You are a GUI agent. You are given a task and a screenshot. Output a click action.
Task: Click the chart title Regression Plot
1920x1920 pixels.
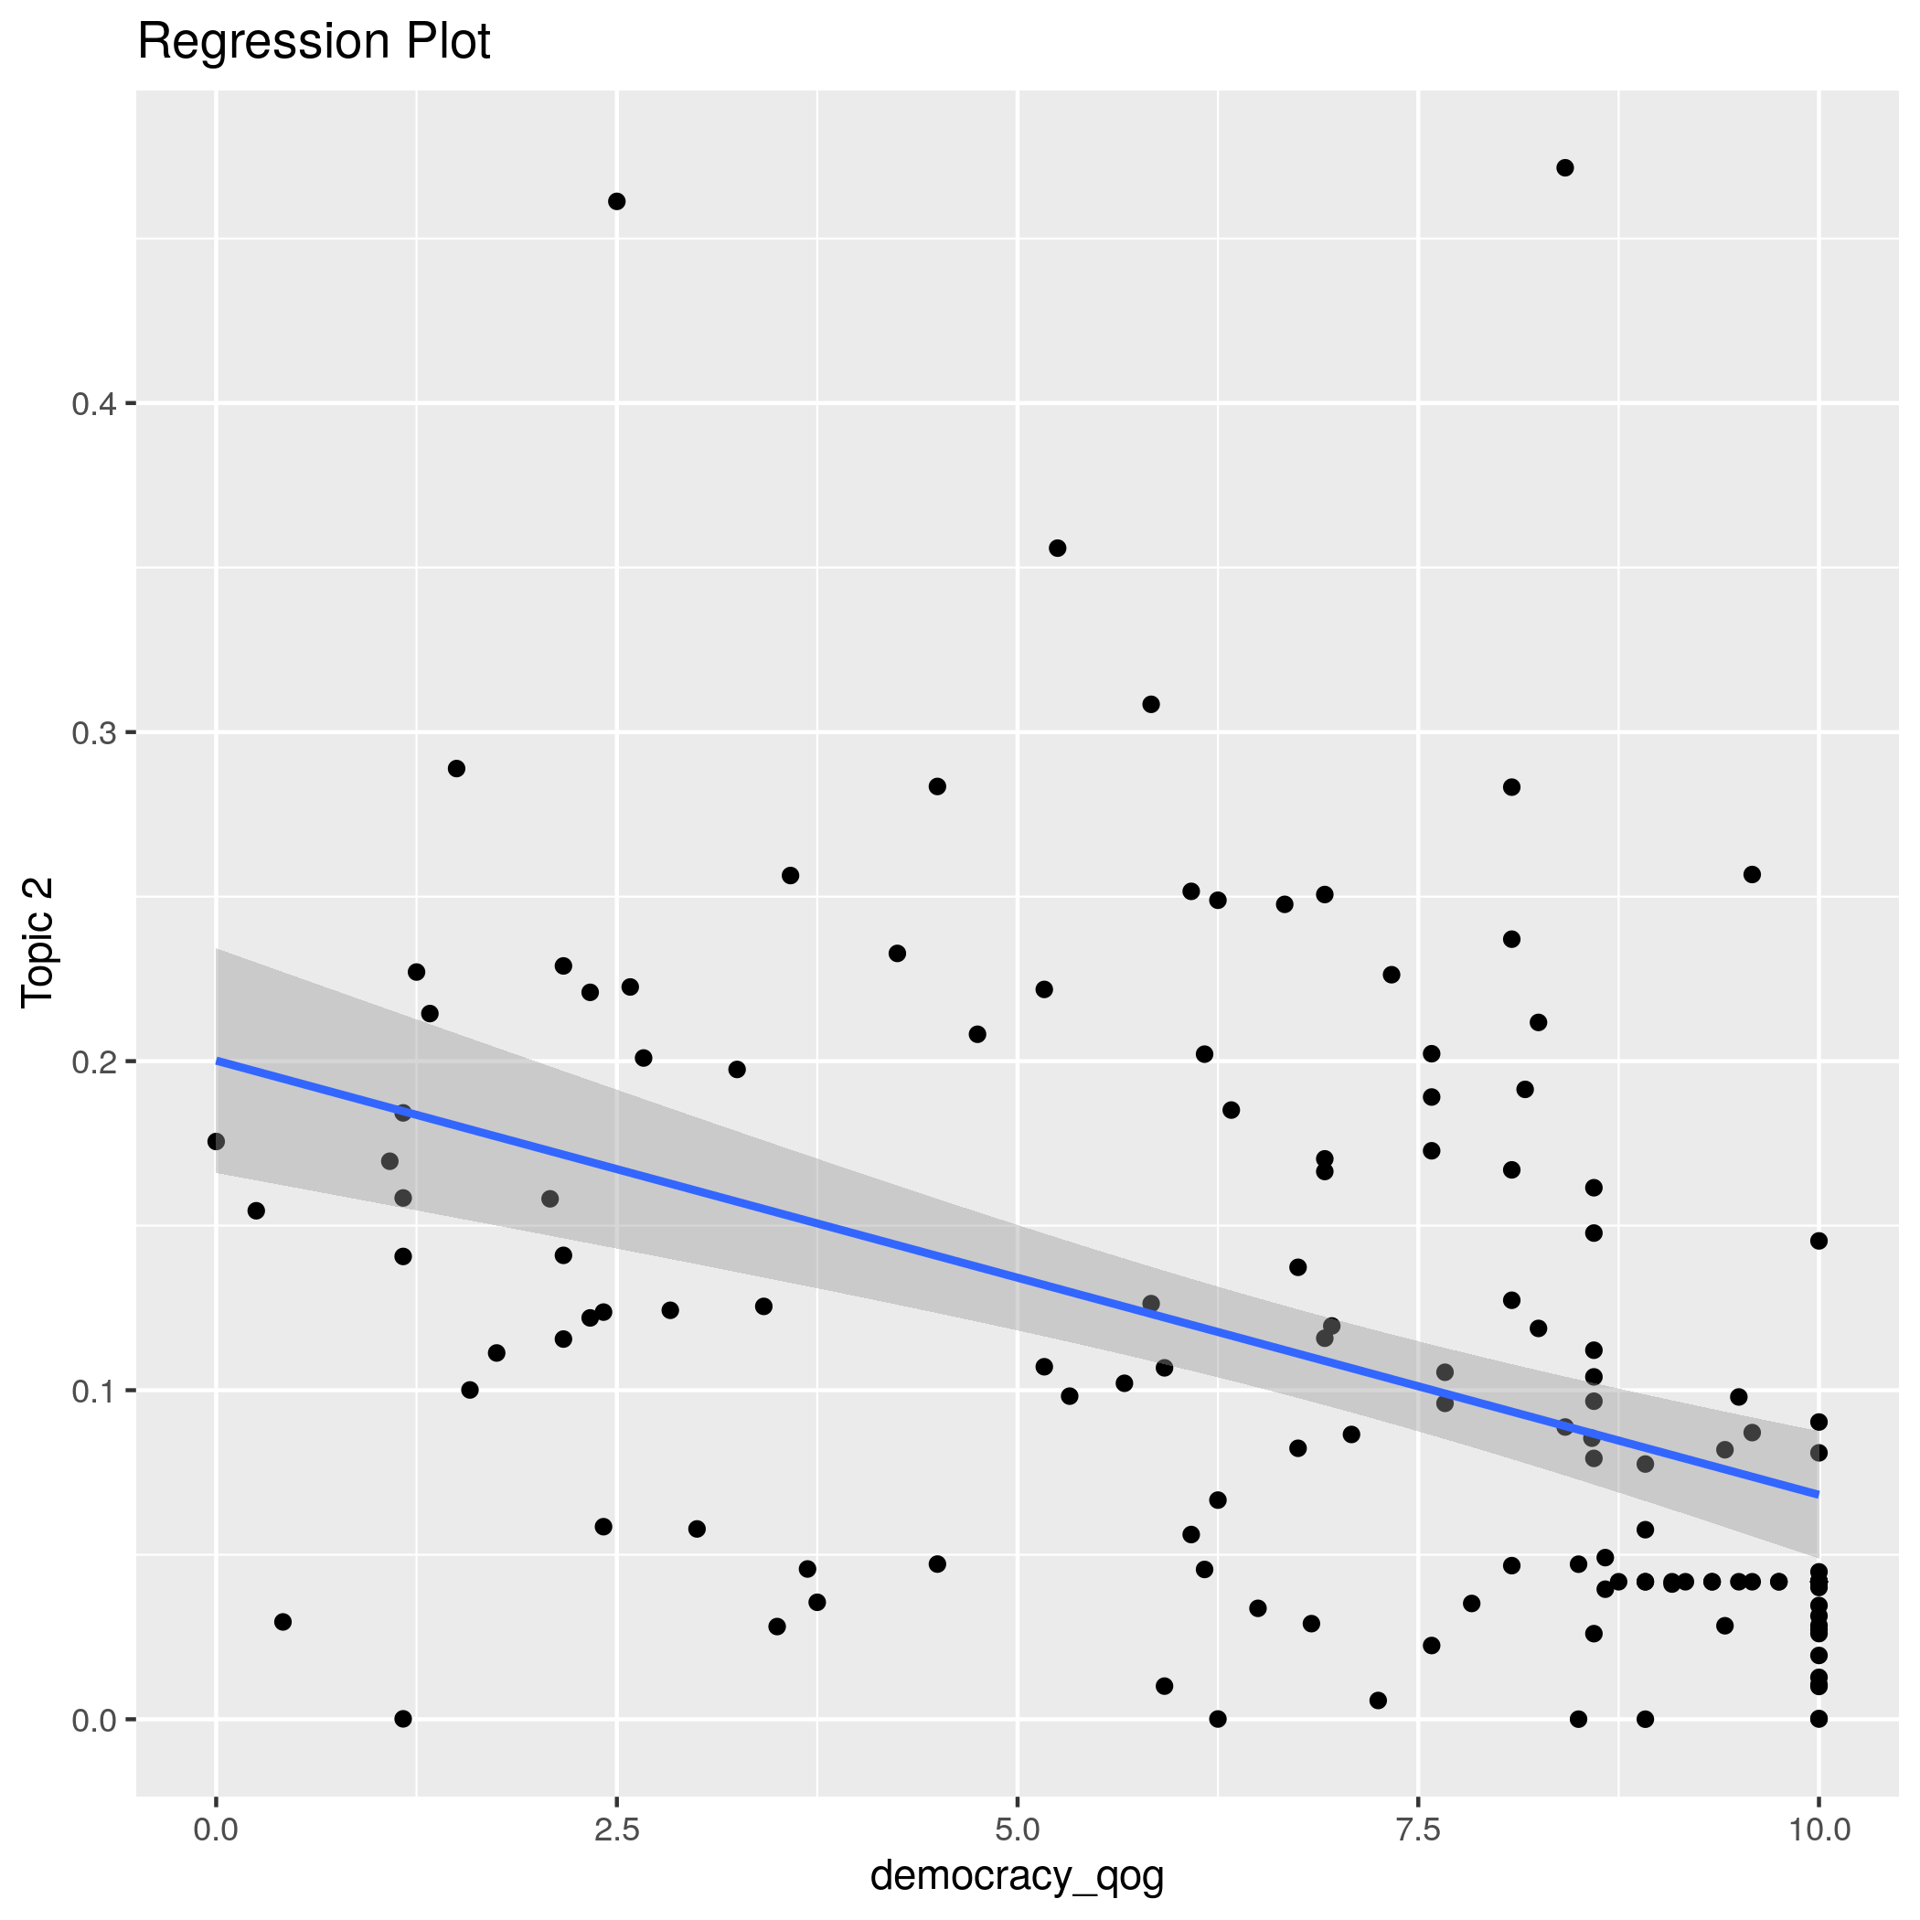point(313,43)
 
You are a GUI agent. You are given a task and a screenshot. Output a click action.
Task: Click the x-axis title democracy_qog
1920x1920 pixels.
point(1017,1875)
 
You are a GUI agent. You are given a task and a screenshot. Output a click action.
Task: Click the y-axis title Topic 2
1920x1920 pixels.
point(38,942)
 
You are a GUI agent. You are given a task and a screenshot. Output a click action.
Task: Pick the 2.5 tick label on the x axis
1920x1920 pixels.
point(616,1829)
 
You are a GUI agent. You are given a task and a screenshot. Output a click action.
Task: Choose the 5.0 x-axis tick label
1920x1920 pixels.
point(1017,1829)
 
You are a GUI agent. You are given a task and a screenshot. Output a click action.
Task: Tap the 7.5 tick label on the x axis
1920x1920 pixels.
point(1418,1829)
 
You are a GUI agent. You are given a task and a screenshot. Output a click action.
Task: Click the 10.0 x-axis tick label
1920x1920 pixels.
point(1818,1829)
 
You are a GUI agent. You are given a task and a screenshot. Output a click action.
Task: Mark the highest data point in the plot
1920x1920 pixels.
point(1565,168)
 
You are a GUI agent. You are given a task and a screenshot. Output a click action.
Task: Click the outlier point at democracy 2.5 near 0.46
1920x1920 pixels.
point(616,202)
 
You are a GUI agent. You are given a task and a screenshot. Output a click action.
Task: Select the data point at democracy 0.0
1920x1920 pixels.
point(216,1141)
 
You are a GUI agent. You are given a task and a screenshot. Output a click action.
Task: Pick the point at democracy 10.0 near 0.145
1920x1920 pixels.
point(1819,1241)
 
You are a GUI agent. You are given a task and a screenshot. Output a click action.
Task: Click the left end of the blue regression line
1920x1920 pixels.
point(217,1061)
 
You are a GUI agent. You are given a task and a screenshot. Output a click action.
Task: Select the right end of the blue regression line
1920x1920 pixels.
point(1818,1494)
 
